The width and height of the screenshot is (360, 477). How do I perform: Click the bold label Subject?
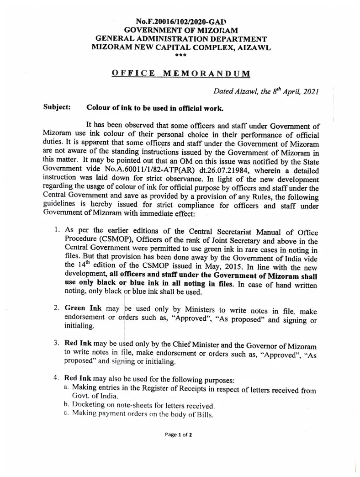point(56,108)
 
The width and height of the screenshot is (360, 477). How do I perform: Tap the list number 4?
point(56,379)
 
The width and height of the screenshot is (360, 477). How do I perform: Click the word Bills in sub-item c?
point(204,415)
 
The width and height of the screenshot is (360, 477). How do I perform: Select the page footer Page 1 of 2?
point(179,435)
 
